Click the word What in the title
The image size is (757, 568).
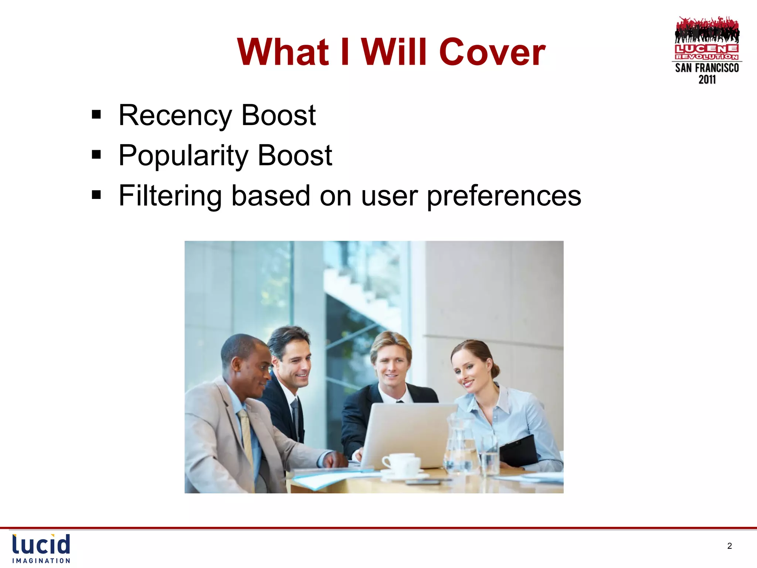283,53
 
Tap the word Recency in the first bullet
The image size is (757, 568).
175,115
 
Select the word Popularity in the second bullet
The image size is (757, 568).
183,156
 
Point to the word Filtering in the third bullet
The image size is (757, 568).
170,196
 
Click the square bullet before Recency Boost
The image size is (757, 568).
96,115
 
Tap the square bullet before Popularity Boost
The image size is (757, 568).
96,155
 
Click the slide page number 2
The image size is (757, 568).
729,546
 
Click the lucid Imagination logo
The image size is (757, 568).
41,548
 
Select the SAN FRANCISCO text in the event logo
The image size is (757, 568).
707,68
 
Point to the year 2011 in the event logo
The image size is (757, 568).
707,80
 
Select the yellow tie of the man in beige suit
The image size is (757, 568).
245,436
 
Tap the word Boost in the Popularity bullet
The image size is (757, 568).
295,156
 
